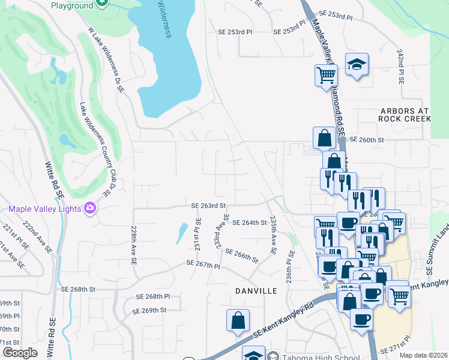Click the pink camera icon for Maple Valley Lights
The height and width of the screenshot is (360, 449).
point(90,208)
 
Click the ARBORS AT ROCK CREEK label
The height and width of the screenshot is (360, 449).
point(405,115)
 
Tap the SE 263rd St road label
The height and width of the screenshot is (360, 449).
point(208,205)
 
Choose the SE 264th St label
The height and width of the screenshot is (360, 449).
point(249,223)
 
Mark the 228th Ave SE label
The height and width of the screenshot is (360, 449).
point(133,245)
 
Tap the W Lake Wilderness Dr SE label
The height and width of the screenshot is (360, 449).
point(106,59)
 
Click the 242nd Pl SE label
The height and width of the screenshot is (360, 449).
point(400,67)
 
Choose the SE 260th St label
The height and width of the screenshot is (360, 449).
point(367,140)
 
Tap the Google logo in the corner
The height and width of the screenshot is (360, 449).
point(19,353)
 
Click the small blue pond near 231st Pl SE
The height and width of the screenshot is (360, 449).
point(181,233)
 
